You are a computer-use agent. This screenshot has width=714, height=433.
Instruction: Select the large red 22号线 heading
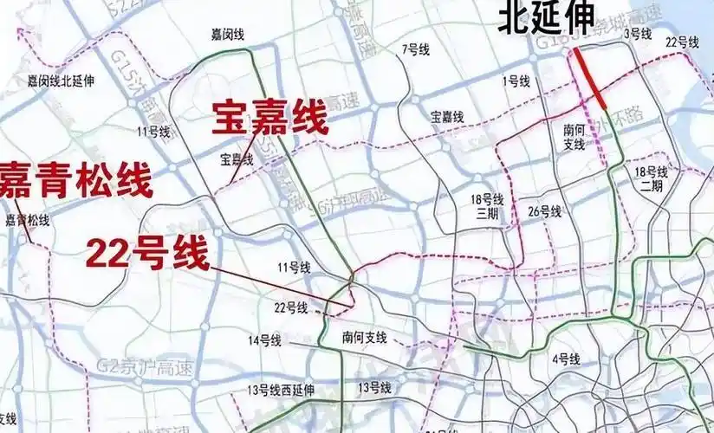(147, 254)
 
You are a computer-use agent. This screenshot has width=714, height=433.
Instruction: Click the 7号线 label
(416, 50)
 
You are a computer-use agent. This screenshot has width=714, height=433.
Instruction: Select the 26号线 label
(545, 211)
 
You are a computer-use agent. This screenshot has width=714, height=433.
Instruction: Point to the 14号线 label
(265, 340)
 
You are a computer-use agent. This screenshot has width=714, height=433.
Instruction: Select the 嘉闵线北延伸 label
(61, 81)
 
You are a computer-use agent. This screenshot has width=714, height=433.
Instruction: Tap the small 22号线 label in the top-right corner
(682, 42)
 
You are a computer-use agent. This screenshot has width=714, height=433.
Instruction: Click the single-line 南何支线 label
(364, 337)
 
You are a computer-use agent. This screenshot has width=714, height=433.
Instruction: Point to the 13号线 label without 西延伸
(375, 386)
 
